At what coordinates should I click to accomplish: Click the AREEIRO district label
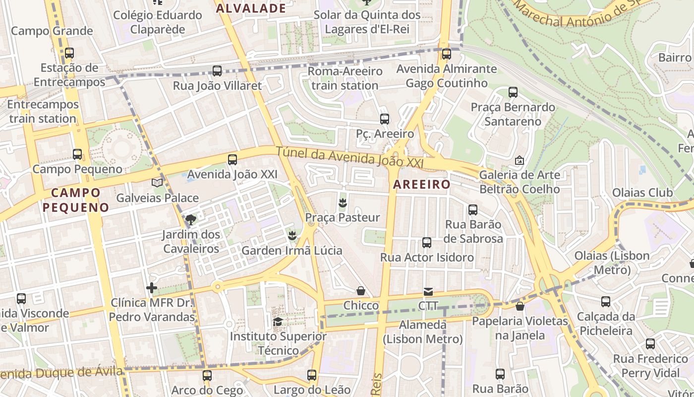422,185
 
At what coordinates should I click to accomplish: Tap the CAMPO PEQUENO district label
75,200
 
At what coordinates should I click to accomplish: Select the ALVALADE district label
251,8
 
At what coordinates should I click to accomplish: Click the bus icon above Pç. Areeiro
384,119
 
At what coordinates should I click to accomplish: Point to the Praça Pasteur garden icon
342,202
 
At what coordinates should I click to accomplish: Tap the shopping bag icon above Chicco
361,290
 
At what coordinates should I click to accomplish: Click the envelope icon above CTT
428,291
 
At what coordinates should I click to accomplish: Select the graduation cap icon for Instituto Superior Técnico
278,322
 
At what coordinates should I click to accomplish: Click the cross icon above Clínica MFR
152,287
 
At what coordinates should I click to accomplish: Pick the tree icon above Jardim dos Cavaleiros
191,219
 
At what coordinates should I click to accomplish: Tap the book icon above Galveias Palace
157,183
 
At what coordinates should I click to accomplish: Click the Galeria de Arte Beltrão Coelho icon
520,160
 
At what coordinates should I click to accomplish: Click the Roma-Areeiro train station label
345,78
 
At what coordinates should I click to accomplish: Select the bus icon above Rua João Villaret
217,71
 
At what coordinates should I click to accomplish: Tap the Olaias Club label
642,193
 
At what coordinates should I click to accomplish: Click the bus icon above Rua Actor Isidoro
427,243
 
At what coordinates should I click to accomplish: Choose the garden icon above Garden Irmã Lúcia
292,235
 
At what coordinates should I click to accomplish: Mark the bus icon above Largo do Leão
312,375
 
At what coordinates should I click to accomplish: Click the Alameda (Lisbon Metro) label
423,332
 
